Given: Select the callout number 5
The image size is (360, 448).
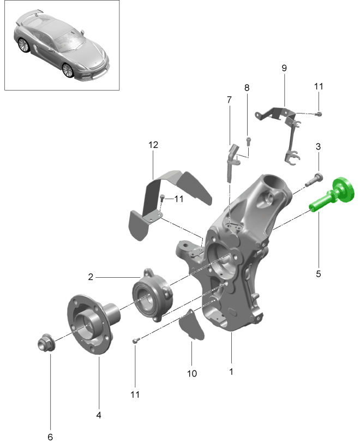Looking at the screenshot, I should [x=319, y=273].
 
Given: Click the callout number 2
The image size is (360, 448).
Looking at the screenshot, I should [x=91, y=277].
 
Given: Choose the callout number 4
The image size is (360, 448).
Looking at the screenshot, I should [x=99, y=415].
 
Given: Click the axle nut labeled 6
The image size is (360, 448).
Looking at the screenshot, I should [x=45, y=344].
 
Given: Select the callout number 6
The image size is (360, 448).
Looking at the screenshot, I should [x=50, y=437].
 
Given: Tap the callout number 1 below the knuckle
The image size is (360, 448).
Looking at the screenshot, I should [x=231, y=372].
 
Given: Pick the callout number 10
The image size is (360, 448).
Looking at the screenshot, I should [x=192, y=374].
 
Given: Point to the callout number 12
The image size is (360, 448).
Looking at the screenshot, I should [x=153, y=145].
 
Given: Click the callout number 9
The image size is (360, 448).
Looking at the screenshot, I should [x=284, y=68].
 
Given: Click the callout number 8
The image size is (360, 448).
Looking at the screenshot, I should [x=247, y=87].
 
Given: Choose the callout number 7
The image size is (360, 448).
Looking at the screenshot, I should [x=229, y=100].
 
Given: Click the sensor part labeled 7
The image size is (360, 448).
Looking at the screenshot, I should [x=232, y=158].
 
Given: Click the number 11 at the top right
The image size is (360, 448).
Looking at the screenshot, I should [x=319, y=86].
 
